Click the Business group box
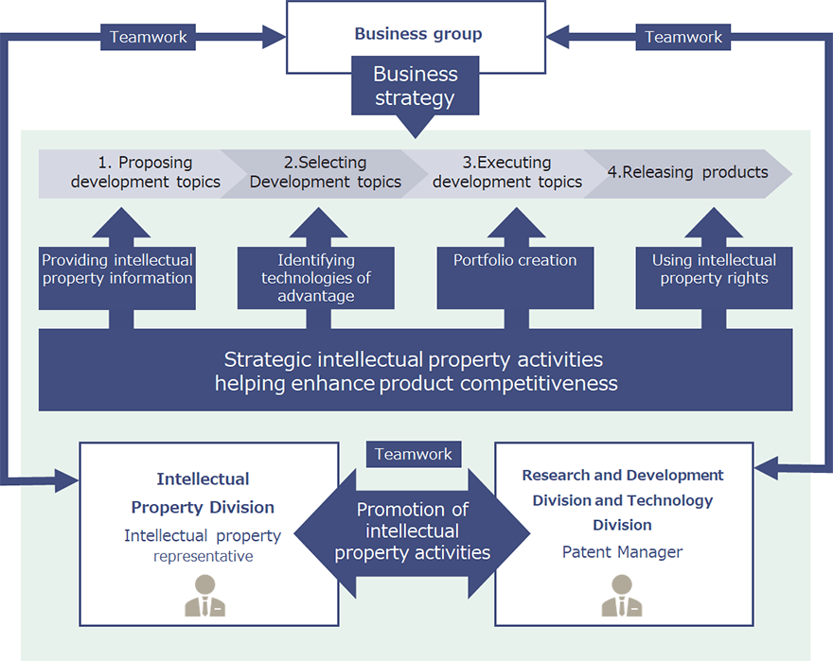[417, 34]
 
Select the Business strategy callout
[415, 87]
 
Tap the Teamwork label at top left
[149, 38]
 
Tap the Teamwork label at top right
[683, 38]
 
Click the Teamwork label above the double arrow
[414, 454]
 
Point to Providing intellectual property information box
[117, 270]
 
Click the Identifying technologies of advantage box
[316, 278]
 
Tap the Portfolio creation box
[515, 261]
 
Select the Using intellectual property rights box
[714, 270]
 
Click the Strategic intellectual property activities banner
[416, 371]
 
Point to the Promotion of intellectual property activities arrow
[413, 531]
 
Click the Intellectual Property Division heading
[203, 493]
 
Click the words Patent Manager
[622, 551]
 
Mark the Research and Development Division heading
[622, 499]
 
